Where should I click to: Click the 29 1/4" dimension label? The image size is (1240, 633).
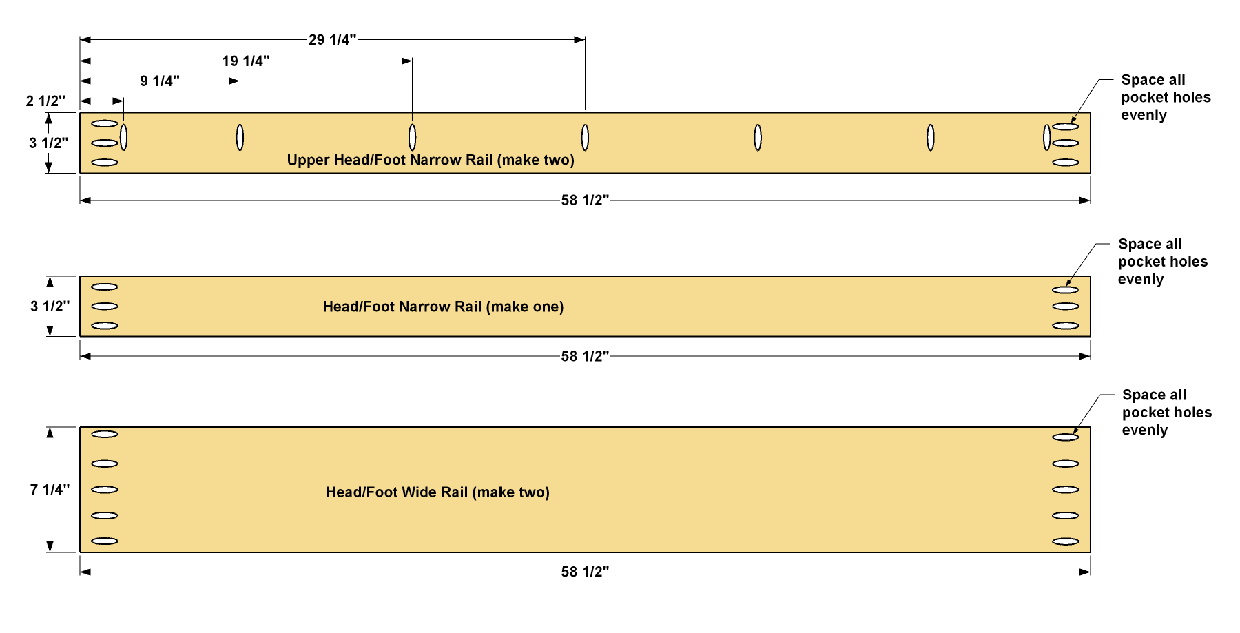pyautogui.click(x=333, y=40)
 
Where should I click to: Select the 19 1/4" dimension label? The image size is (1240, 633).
pyautogui.click(x=246, y=61)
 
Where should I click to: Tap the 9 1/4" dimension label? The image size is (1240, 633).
pyautogui.click(x=160, y=81)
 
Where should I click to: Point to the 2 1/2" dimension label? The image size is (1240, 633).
pyautogui.click(x=46, y=101)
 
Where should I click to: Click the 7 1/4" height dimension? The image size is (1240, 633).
pyautogui.click(x=50, y=489)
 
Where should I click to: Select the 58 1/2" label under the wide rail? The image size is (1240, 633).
pyautogui.click(x=585, y=572)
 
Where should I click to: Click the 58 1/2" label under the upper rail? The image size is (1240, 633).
pyautogui.click(x=585, y=200)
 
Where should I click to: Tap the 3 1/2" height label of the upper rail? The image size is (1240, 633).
pyautogui.click(x=49, y=143)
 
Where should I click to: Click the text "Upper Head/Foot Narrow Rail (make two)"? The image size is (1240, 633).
pyautogui.click(x=431, y=160)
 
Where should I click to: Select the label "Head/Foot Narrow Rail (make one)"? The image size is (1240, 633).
pyautogui.click(x=443, y=307)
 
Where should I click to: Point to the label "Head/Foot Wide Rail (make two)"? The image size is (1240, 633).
pyautogui.click(x=437, y=492)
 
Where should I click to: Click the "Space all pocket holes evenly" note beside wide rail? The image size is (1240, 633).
pyautogui.click(x=1166, y=413)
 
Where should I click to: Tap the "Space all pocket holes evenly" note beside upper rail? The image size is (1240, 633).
pyautogui.click(x=1166, y=97)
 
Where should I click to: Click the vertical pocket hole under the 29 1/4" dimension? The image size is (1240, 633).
pyautogui.click(x=585, y=138)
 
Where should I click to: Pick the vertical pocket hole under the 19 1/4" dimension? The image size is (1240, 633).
pyautogui.click(x=412, y=138)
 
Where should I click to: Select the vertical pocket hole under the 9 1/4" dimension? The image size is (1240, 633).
pyautogui.click(x=240, y=138)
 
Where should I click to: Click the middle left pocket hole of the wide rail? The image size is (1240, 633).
pyautogui.click(x=105, y=490)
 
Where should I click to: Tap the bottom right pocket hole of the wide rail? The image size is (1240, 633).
pyautogui.click(x=1065, y=541)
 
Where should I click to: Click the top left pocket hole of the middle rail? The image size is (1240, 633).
pyautogui.click(x=105, y=287)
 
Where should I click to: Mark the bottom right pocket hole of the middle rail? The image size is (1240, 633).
pyautogui.click(x=1065, y=326)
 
